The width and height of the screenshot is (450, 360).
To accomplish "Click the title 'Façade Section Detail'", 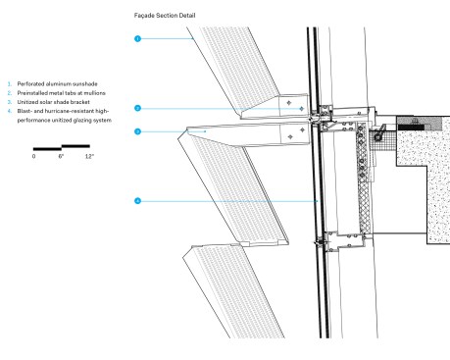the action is point(165,16).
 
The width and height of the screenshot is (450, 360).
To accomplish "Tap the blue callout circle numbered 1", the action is point(137,38).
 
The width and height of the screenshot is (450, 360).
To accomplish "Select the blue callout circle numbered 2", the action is point(137,108).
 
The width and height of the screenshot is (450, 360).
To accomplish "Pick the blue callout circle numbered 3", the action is point(137,131).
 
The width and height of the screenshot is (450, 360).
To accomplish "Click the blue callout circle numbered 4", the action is point(137,201).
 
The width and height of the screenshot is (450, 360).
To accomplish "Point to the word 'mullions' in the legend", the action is point(94,93).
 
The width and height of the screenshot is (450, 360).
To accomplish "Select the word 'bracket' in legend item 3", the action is point(80,102).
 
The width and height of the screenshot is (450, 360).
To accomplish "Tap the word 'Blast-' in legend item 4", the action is point(25,111).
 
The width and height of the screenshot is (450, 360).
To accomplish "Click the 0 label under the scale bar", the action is point(33,156).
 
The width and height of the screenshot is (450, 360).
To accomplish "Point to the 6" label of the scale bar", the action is point(61,156).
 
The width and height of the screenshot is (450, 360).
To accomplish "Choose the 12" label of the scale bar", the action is point(89,156).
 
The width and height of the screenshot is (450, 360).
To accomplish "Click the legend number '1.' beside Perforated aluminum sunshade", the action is point(10,84).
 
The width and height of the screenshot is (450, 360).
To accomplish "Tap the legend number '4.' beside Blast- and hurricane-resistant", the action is point(10,111).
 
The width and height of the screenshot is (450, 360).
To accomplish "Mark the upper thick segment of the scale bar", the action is point(75,146).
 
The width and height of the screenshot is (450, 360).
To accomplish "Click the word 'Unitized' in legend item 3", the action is point(25,102).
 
